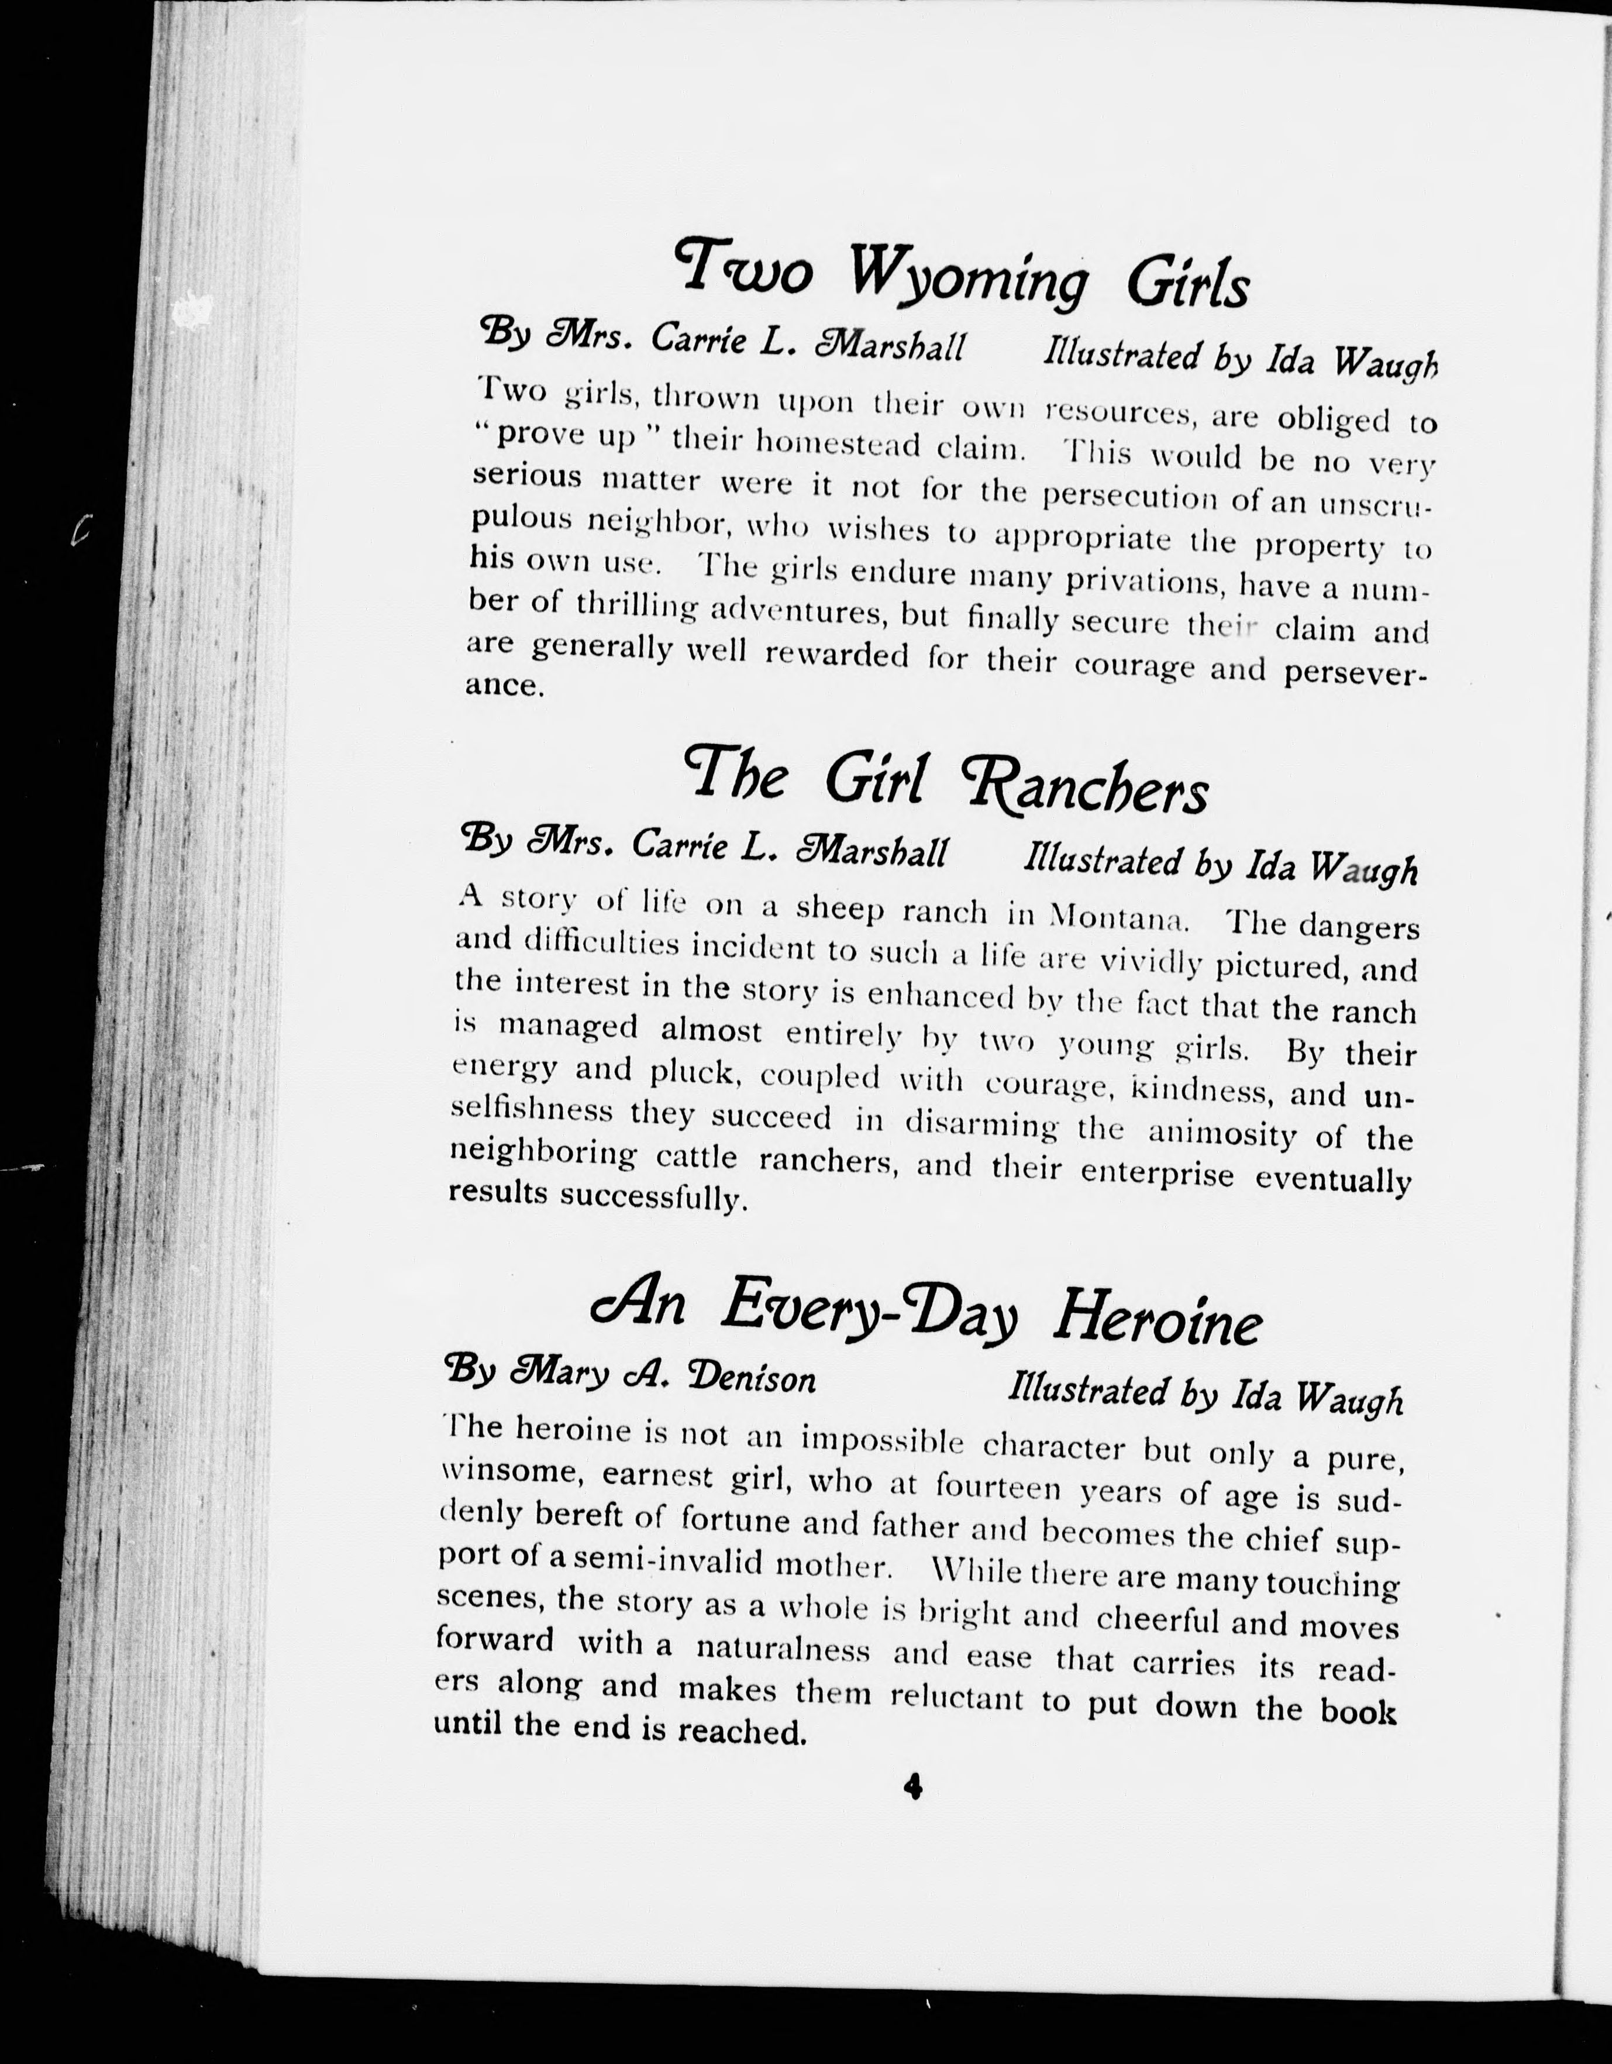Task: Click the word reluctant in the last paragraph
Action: pyautogui.click(x=957, y=1697)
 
